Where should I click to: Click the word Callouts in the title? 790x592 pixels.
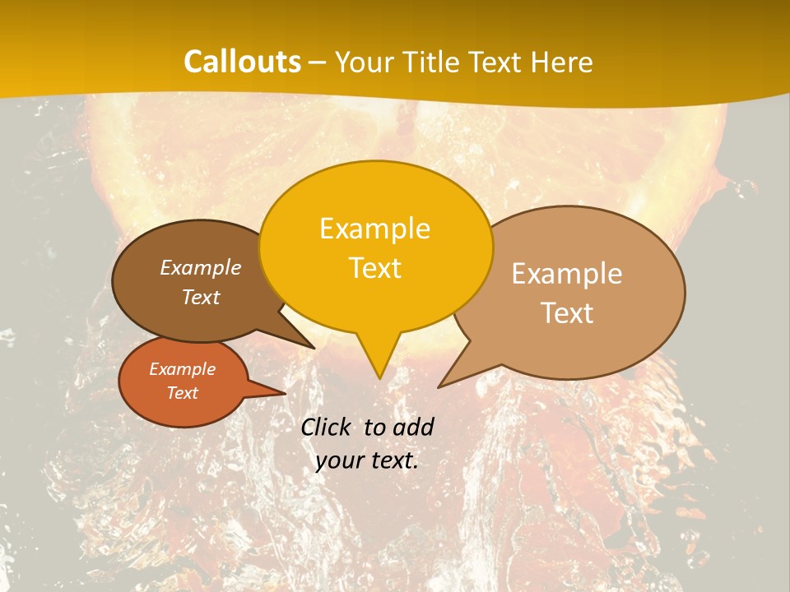pyautogui.click(x=242, y=62)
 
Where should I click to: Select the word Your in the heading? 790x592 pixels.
pyautogui.click(x=367, y=62)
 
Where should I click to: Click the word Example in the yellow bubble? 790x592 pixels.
pyautogui.click(x=374, y=229)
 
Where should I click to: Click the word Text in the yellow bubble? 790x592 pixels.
pyautogui.click(x=375, y=268)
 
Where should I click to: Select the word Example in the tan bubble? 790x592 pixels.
pyautogui.click(x=567, y=274)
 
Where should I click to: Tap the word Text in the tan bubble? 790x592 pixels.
pyautogui.click(x=567, y=313)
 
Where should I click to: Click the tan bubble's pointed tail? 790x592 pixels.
pyautogui.click(x=444, y=383)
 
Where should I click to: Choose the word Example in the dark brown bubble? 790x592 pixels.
pyautogui.click(x=201, y=267)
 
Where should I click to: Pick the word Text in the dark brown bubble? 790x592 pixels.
pyautogui.click(x=201, y=297)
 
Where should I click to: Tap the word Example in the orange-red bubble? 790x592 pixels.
pyautogui.click(x=182, y=369)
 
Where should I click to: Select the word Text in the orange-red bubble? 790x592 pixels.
pyautogui.click(x=182, y=393)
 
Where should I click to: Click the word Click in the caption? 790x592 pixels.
pyautogui.click(x=327, y=427)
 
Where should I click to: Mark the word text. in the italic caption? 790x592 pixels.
pyautogui.click(x=392, y=460)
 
